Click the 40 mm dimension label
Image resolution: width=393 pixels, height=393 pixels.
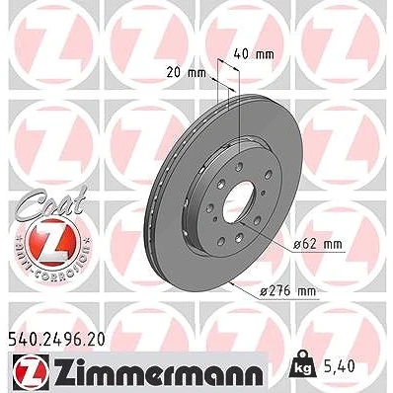(x=254, y=54)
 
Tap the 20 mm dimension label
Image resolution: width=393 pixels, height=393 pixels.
(x=186, y=72)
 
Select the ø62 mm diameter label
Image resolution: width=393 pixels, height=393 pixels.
(x=317, y=244)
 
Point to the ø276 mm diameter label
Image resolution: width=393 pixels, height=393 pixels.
(x=287, y=291)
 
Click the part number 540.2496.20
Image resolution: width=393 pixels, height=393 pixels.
(x=55, y=340)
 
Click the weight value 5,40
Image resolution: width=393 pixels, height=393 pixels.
(x=340, y=365)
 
